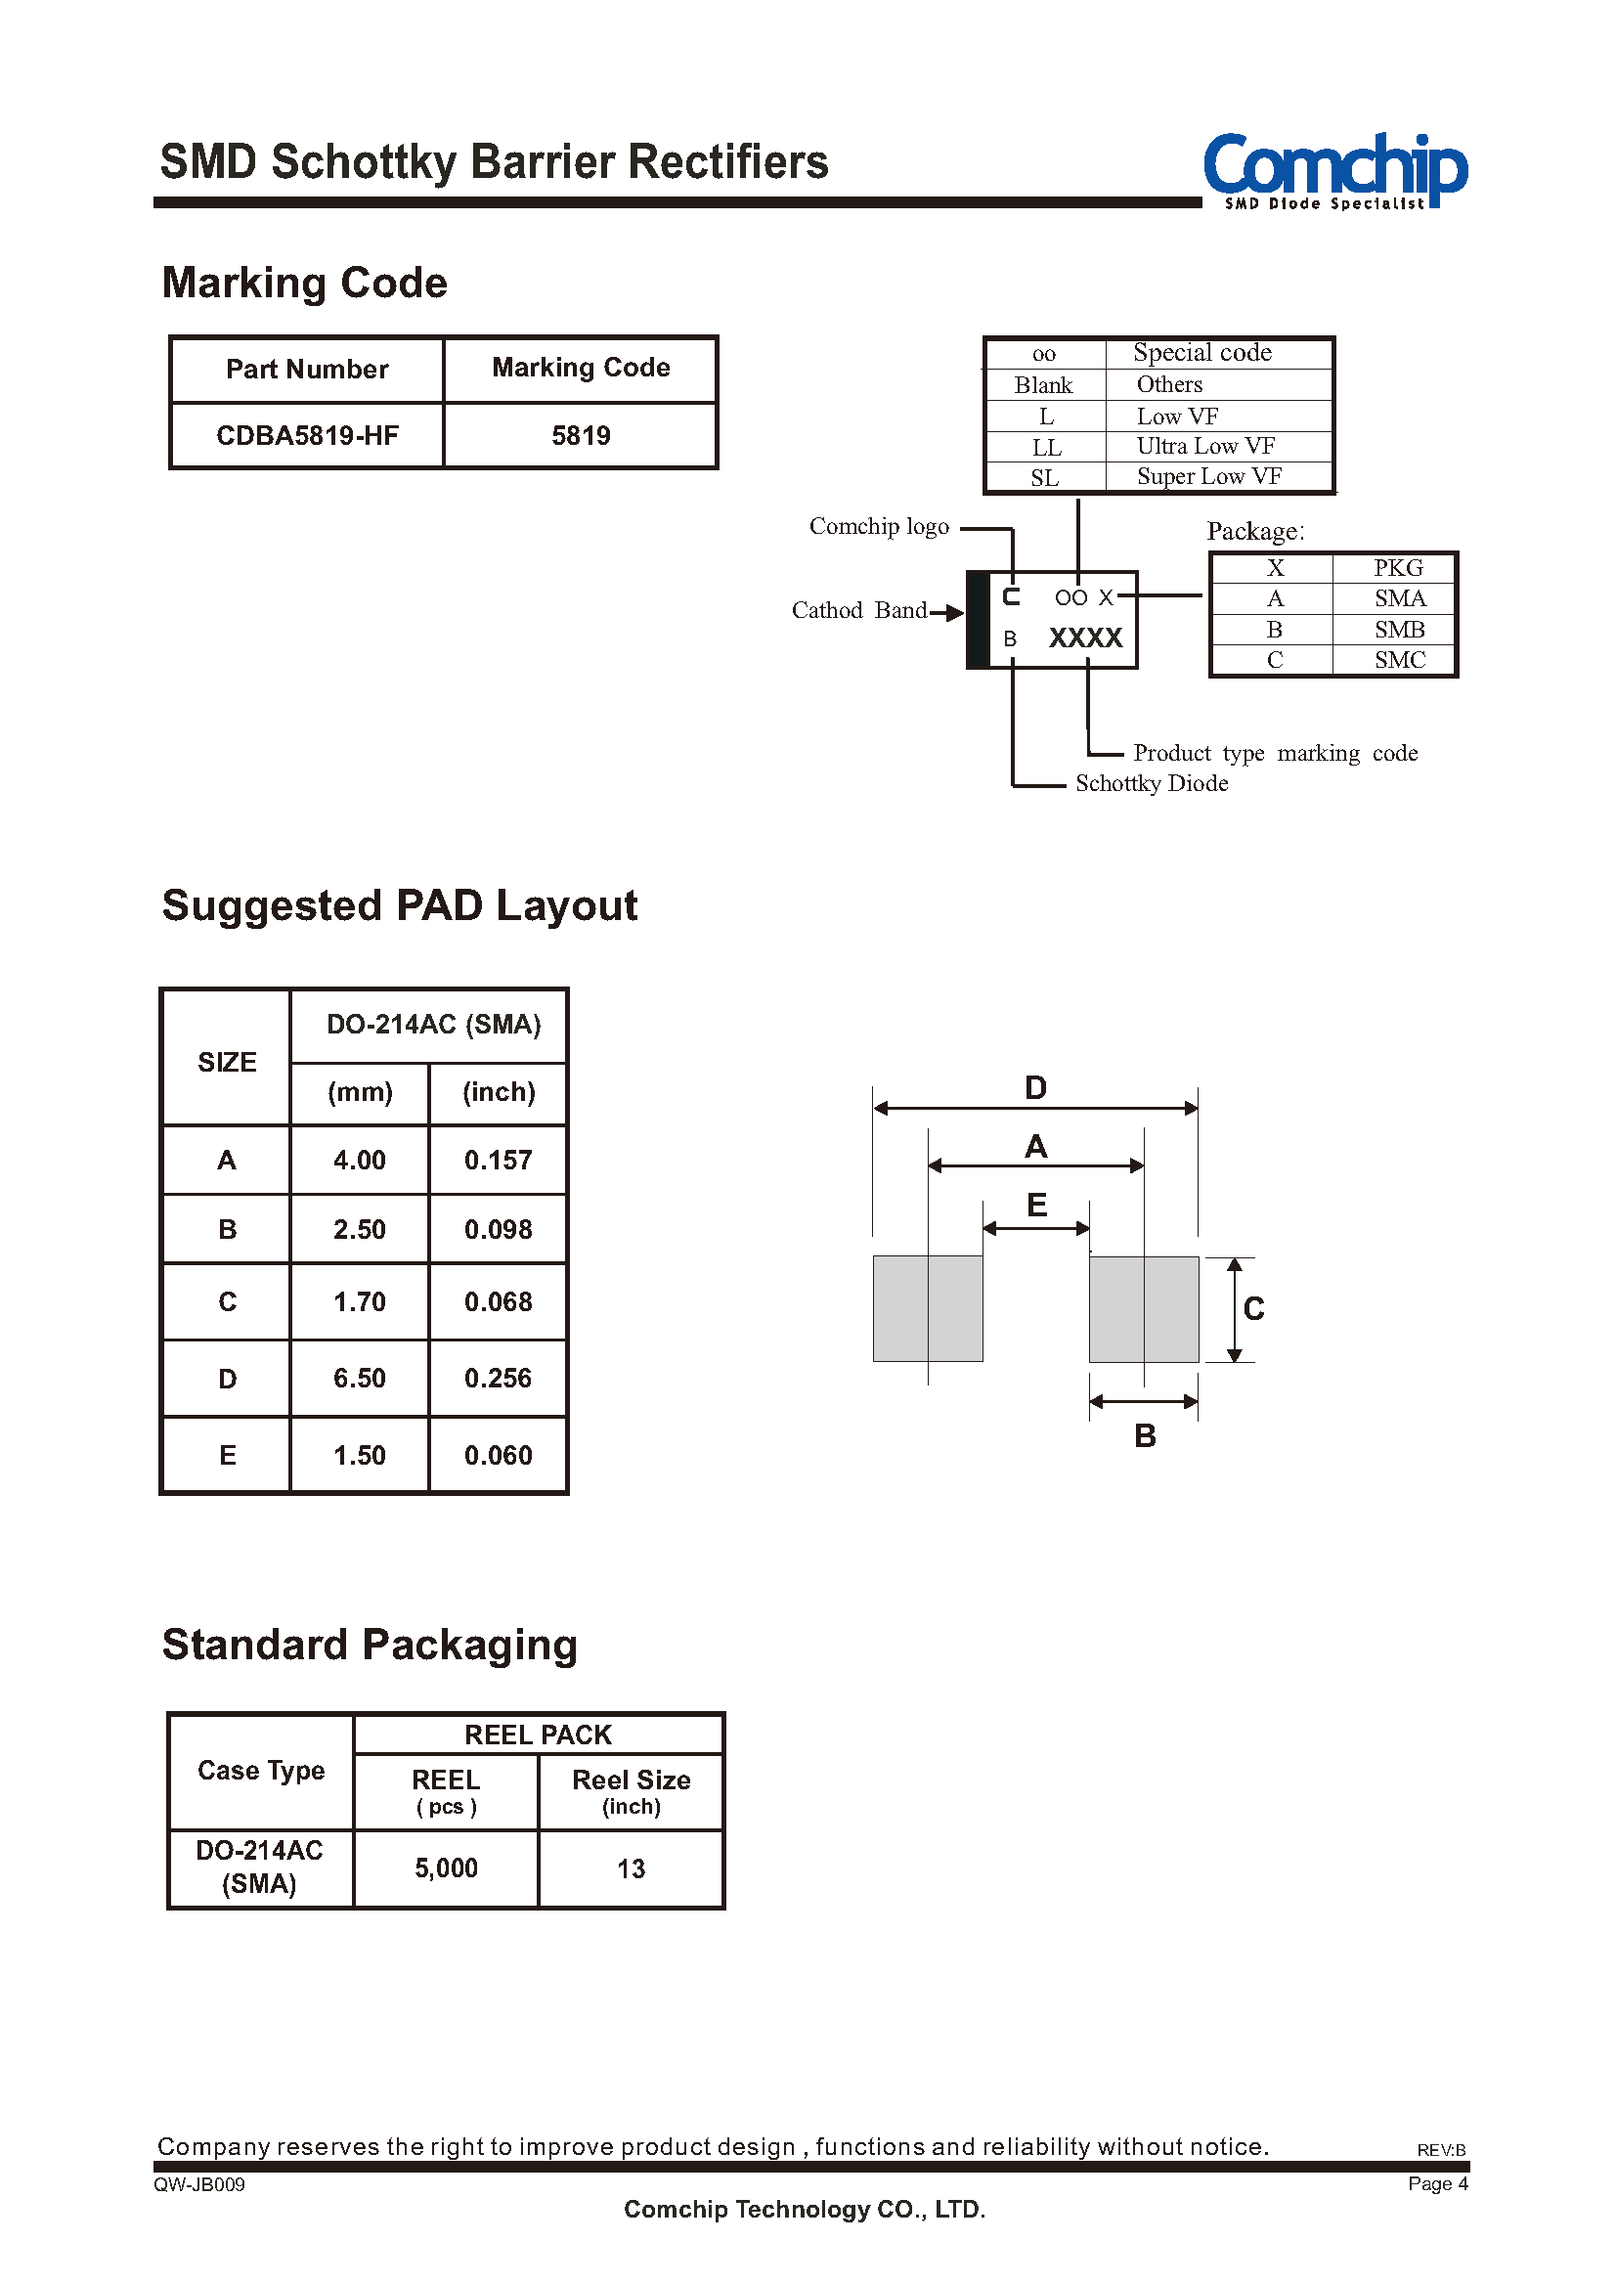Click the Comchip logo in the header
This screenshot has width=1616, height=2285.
click(x=1335, y=170)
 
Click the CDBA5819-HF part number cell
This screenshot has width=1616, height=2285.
click(x=308, y=436)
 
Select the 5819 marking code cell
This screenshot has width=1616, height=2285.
click(x=581, y=436)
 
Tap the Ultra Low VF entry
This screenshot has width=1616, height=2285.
click(x=1205, y=446)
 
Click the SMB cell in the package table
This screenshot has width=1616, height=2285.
click(x=1399, y=630)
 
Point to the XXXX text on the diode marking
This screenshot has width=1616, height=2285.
click(x=1085, y=637)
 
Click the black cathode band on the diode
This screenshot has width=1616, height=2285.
click(x=979, y=620)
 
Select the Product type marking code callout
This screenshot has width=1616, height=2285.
click(x=1276, y=754)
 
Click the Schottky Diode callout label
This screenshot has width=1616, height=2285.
click(x=1152, y=784)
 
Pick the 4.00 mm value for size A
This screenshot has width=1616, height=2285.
click(x=359, y=1161)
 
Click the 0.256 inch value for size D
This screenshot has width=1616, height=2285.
click(x=498, y=1379)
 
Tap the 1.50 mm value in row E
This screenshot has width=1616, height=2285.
click(x=359, y=1456)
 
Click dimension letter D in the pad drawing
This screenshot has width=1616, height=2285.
click(x=1036, y=1088)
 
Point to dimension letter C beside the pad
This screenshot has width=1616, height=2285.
click(x=1253, y=1308)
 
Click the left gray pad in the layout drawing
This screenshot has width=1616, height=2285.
click(x=928, y=1308)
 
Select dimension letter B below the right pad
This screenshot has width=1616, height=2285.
click(x=1146, y=1436)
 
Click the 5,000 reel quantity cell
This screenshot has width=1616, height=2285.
click(x=446, y=1868)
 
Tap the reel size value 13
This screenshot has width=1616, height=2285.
click(x=631, y=1869)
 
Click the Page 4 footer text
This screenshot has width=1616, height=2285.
click(x=1438, y=2183)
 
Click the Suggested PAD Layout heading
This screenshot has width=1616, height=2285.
click(x=399, y=906)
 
